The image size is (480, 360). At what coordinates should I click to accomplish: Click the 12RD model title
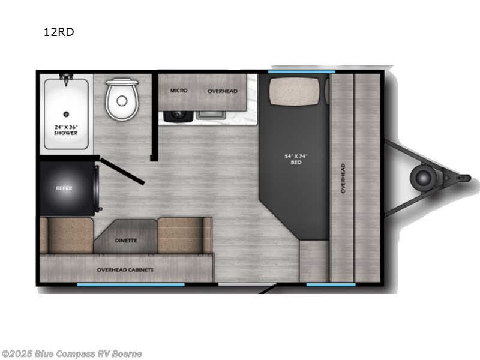[59, 32]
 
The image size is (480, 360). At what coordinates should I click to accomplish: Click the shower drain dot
[66, 113]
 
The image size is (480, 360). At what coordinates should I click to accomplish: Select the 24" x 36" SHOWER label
[66, 130]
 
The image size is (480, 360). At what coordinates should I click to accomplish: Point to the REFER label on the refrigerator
[64, 188]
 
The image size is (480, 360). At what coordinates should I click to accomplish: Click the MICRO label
[179, 91]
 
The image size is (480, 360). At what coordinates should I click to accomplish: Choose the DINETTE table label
[125, 241]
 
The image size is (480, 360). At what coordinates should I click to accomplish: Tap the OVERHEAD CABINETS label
[125, 270]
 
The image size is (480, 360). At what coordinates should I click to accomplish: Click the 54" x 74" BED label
[296, 160]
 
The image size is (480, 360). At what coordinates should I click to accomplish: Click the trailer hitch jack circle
[424, 176]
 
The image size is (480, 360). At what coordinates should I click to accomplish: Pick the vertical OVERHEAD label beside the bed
[343, 178]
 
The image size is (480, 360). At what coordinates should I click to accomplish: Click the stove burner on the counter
[178, 114]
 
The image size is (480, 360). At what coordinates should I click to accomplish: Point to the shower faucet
[66, 77]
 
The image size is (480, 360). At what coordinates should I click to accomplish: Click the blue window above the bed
[301, 72]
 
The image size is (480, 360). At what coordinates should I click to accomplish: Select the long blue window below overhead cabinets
[131, 284]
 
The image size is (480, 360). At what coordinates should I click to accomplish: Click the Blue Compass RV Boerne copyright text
[71, 354]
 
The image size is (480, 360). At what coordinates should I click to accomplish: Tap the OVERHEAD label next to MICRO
[223, 91]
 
